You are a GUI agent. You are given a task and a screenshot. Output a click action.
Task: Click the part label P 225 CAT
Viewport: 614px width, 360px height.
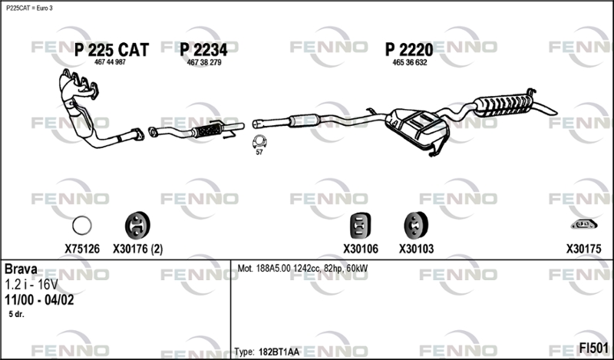(x=111, y=50)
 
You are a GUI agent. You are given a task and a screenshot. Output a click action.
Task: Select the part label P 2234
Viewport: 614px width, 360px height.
(x=204, y=50)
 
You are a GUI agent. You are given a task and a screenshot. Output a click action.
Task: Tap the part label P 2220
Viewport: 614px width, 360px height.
(x=408, y=50)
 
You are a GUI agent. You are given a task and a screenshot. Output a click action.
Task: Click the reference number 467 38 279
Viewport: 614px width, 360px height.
(x=204, y=62)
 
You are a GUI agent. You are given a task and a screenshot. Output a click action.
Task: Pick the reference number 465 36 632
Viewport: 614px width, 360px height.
(x=409, y=62)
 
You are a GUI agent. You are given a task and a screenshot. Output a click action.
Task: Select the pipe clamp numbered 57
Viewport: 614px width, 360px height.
(x=259, y=141)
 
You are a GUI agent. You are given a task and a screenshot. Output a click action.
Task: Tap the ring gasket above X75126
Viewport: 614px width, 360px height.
(x=82, y=226)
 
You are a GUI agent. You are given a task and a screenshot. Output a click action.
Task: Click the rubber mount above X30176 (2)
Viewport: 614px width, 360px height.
(x=137, y=225)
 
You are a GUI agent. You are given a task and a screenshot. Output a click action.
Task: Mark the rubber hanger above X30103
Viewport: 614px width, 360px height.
(x=415, y=225)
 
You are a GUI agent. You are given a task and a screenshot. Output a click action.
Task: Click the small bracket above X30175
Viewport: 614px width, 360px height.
(x=583, y=225)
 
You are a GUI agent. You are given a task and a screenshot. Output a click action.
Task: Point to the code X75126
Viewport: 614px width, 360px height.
(x=82, y=249)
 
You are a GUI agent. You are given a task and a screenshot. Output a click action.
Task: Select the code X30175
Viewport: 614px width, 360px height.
(x=583, y=249)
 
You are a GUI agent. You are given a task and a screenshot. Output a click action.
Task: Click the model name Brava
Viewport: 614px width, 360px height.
(x=22, y=269)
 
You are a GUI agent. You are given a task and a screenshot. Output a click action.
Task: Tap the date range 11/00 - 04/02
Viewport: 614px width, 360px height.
(x=39, y=299)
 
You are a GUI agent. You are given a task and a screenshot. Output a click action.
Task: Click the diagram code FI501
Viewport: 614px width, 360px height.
(x=593, y=347)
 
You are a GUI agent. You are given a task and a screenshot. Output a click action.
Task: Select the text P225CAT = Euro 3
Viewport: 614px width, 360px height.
(x=30, y=8)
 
